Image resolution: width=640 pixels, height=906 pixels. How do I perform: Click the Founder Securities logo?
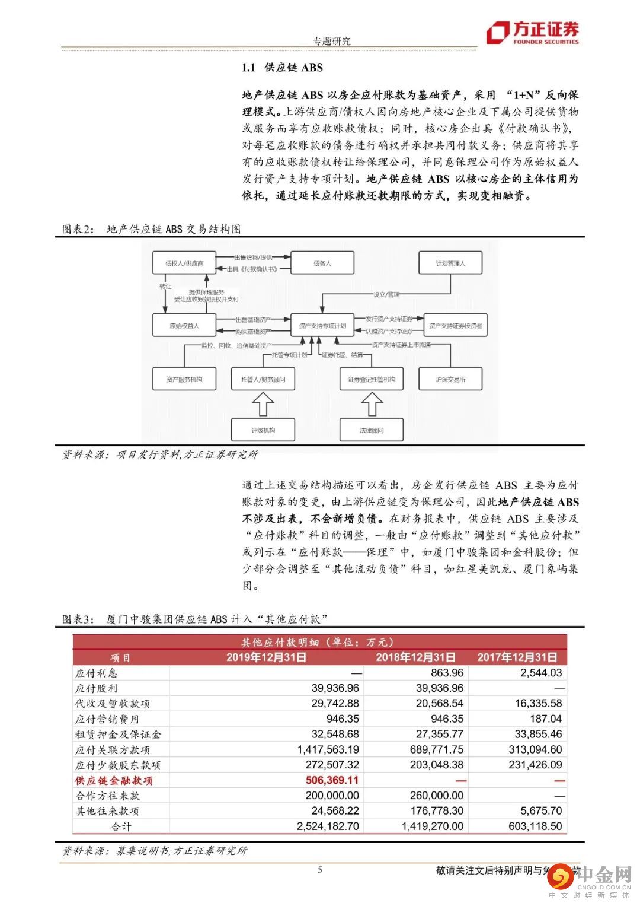(x=532, y=33)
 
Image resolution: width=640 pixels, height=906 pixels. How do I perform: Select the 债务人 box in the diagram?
(x=322, y=263)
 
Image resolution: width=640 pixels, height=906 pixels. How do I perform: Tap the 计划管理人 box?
(x=450, y=263)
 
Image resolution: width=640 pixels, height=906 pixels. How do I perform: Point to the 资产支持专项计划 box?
(x=322, y=326)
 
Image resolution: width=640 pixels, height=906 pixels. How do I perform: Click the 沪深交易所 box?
(x=450, y=379)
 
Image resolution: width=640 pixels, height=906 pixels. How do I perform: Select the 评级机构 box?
(x=263, y=430)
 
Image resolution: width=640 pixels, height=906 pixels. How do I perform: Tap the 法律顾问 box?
(x=372, y=430)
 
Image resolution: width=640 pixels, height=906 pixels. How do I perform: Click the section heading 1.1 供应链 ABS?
(x=282, y=68)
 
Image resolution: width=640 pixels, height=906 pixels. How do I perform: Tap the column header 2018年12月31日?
(x=416, y=657)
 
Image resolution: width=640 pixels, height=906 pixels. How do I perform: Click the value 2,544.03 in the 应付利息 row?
(x=541, y=673)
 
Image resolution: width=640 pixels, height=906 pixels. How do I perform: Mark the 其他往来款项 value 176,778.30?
(x=437, y=810)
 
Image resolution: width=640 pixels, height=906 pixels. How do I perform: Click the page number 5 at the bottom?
(x=321, y=870)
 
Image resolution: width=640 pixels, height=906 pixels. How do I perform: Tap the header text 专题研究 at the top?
(x=331, y=41)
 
